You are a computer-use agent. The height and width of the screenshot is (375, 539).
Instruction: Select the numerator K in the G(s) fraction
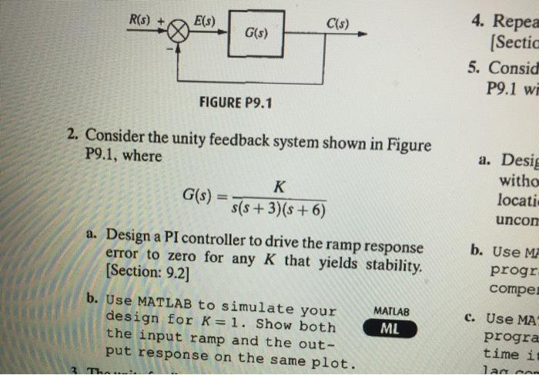pyautogui.click(x=279, y=186)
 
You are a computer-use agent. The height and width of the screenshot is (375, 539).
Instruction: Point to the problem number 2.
pyautogui.click(x=71, y=137)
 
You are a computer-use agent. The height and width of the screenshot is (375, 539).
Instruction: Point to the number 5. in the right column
pyautogui.click(x=475, y=65)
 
